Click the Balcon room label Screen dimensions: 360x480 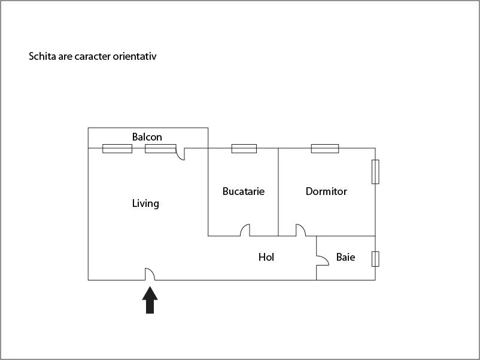[147, 137]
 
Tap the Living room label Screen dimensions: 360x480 [145, 203]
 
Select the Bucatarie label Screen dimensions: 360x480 [243, 191]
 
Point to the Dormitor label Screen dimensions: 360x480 [326, 191]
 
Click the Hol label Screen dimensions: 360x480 [266, 257]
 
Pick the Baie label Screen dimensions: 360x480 [345, 257]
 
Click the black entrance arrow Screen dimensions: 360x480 [150, 300]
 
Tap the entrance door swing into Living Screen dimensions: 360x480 [150, 274]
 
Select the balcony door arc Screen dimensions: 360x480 [180, 154]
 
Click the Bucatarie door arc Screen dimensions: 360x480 [245, 230]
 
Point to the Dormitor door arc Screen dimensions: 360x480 [300, 230]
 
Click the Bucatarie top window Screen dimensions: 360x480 [244, 148]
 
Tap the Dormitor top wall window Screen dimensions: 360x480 [324, 148]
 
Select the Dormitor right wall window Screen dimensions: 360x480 [375, 172]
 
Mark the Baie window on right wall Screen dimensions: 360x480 [375, 259]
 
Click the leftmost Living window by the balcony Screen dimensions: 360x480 [117, 148]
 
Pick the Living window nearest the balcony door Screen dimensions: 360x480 [160, 148]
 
